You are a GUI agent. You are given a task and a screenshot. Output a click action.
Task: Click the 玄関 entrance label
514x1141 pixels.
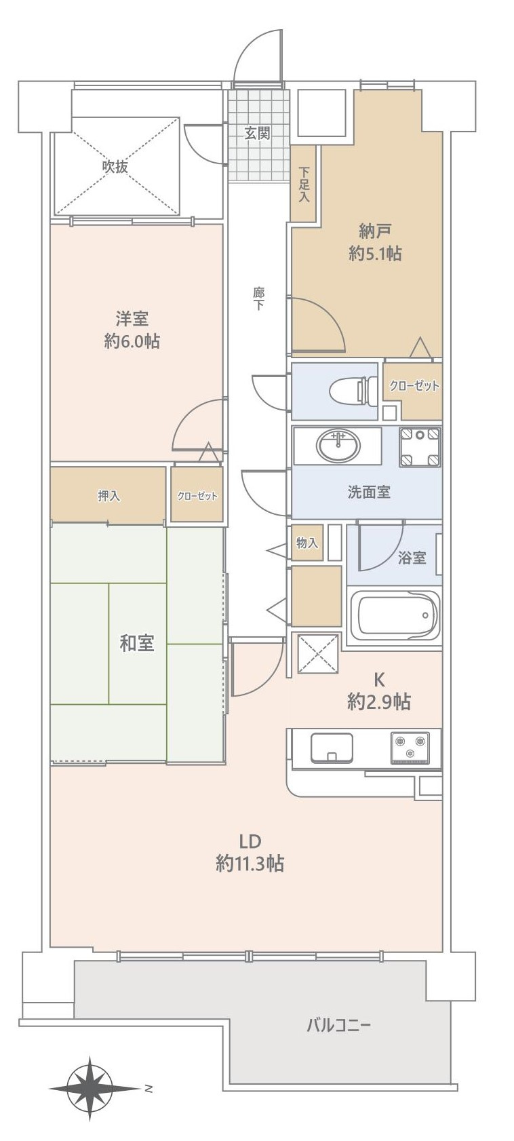click(x=257, y=134)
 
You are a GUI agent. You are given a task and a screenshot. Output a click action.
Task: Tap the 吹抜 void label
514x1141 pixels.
click(x=115, y=167)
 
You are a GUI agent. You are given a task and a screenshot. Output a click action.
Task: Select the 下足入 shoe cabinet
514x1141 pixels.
click(x=304, y=184)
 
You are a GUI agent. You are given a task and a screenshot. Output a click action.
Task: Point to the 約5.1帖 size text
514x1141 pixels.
click(x=375, y=253)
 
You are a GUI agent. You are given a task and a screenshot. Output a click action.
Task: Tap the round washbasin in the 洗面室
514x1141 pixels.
click(x=338, y=445)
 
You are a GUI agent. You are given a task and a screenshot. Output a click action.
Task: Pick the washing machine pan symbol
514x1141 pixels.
click(x=420, y=447)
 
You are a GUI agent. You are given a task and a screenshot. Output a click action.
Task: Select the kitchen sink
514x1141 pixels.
click(x=331, y=748)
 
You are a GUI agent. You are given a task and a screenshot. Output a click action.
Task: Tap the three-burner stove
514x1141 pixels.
click(x=410, y=748)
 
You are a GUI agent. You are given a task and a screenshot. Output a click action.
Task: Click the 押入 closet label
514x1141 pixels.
click(x=108, y=495)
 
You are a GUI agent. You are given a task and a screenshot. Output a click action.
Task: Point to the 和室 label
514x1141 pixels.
click(x=136, y=643)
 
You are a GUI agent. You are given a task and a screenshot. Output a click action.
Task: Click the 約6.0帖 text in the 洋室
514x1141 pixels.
click(x=132, y=341)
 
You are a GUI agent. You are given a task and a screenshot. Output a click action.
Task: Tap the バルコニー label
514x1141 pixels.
click(x=339, y=1025)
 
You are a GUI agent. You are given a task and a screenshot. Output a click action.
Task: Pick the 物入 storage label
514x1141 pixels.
click(x=307, y=543)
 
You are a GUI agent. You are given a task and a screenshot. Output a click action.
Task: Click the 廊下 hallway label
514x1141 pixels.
click(x=258, y=299)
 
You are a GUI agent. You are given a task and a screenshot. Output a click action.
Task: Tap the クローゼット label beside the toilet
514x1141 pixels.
click(x=414, y=385)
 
